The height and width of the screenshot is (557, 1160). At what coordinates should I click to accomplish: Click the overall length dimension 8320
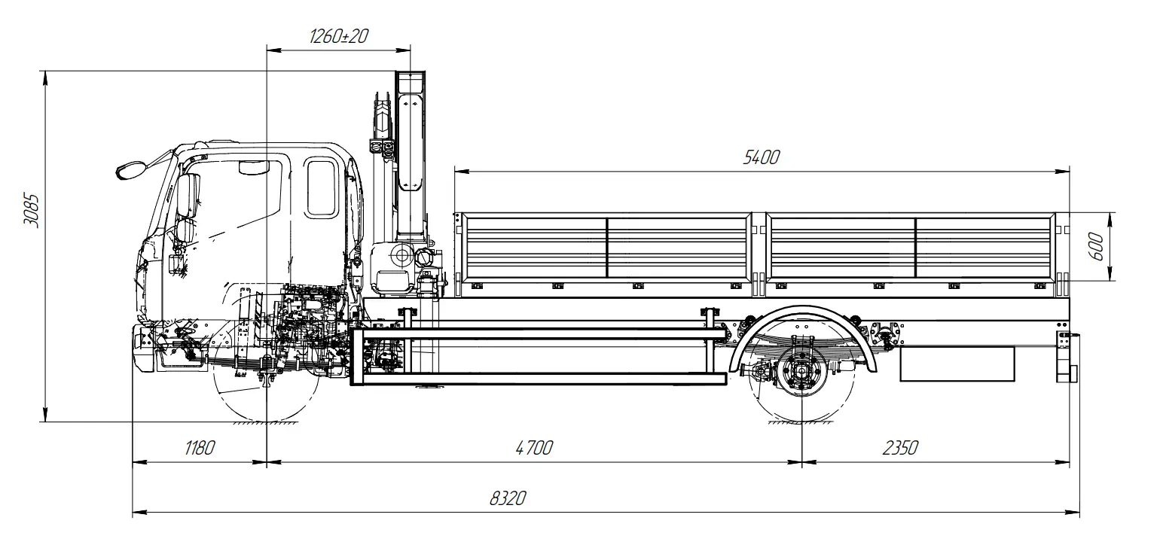[x=507, y=498]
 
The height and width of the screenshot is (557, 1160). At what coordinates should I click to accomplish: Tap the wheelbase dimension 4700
[x=534, y=448]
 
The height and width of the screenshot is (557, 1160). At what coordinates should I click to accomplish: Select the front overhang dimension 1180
[x=200, y=448]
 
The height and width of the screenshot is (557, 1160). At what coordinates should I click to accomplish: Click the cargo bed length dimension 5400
[x=762, y=157]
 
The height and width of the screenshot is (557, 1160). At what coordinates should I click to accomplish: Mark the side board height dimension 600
[x=1096, y=246]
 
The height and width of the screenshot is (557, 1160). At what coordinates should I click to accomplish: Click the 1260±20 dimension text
[x=338, y=35]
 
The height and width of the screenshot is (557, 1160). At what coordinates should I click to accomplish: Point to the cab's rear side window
[x=322, y=188]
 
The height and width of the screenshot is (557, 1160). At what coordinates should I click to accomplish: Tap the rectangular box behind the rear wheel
[x=957, y=364]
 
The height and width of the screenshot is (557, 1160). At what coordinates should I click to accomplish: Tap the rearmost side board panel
[x=985, y=246]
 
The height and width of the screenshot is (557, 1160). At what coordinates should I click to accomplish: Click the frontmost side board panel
[x=535, y=246]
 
